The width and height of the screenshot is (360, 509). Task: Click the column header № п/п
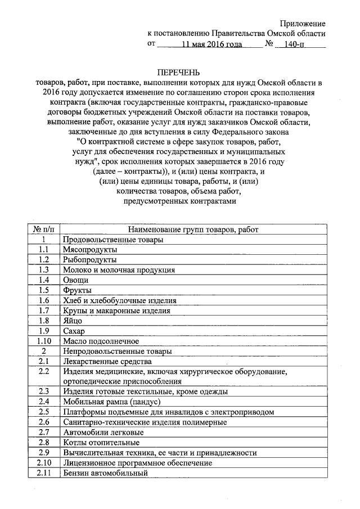[x=43, y=229]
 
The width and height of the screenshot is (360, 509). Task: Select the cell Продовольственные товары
[x=113, y=240]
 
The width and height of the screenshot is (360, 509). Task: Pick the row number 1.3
[x=43, y=270]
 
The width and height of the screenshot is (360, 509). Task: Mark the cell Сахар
[x=74, y=331]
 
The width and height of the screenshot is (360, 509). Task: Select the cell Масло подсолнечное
[x=101, y=341]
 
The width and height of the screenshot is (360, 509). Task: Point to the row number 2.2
[x=43, y=372]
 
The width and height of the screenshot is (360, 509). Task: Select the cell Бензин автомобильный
[x=105, y=472]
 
